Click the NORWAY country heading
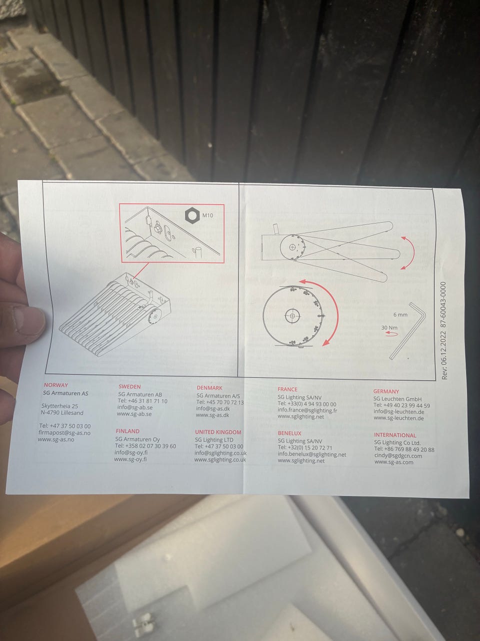tap(55, 385)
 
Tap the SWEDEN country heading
tap(129, 386)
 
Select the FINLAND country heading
tap(127, 431)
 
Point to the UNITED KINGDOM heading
tap(218, 432)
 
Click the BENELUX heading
tap(289, 433)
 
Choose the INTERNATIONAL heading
tap(395, 435)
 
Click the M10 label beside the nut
tap(207, 215)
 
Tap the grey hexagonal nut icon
tap(192, 215)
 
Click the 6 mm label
tap(400, 315)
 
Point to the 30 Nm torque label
tap(389, 328)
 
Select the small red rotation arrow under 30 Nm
tap(391, 334)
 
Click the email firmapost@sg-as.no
tap(64, 433)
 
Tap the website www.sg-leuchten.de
tap(398, 418)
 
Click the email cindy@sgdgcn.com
tap(398, 456)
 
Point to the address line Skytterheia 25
tap(59, 406)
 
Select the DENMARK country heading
tap(209, 388)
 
